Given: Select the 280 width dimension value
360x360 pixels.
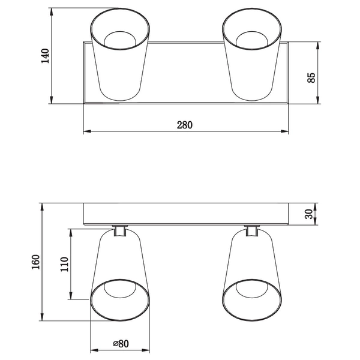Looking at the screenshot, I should tap(184, 125).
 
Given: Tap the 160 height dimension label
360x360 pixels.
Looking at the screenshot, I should tap(35, 262).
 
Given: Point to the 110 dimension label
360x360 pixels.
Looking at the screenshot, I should tap(64, 264).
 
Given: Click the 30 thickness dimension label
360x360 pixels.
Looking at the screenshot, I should tap(309, 214).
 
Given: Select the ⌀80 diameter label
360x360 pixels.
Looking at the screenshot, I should tap(122, 344).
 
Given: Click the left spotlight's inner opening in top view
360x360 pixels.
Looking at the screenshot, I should tap(119, 40).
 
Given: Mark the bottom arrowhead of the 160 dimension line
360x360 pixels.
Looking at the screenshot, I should tap(42, 317).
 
